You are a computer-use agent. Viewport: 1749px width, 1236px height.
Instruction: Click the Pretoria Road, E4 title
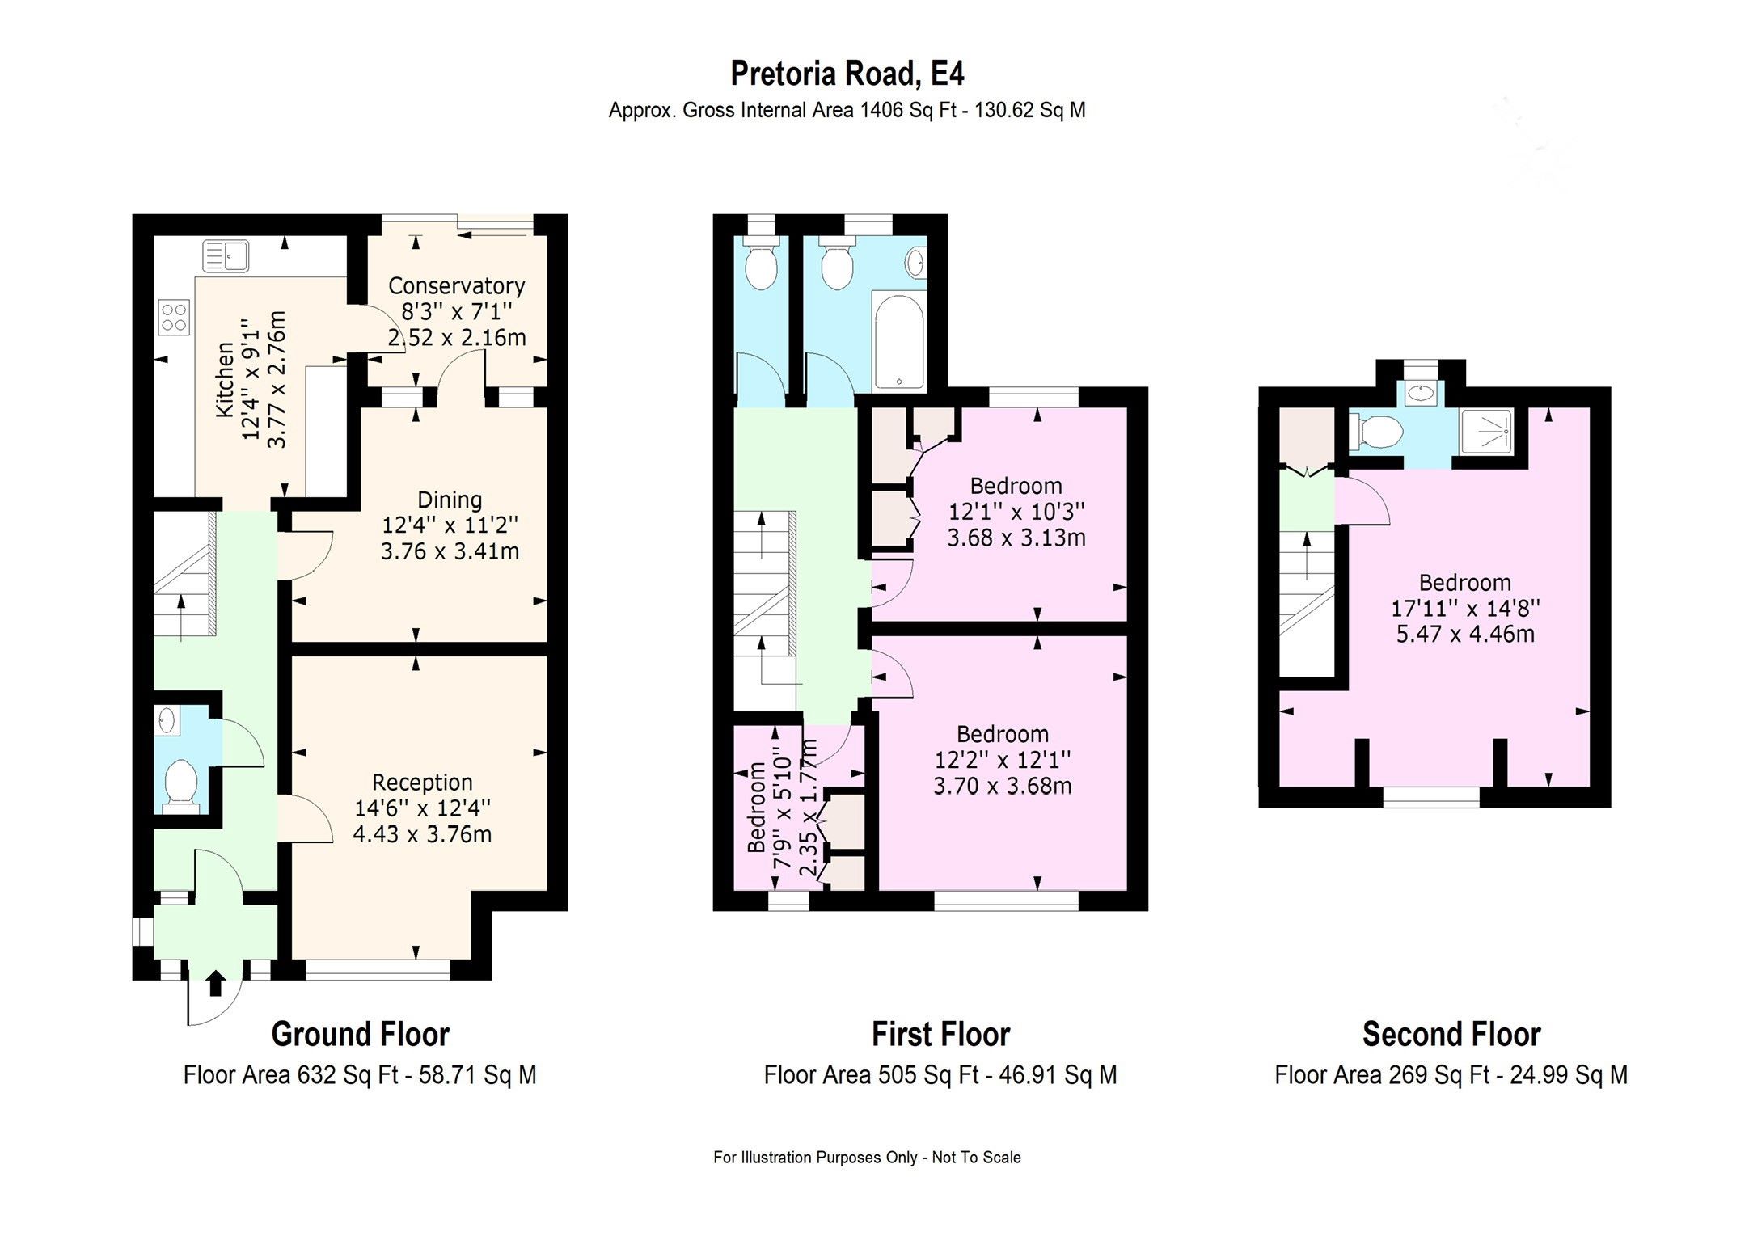(x=847, y=74)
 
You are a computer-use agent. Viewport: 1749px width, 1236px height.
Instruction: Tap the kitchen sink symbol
(x=226, y=257)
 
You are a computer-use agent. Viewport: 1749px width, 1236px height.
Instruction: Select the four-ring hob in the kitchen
(x=175, y=317)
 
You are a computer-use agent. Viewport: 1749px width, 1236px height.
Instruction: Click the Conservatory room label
(x=456, y=285)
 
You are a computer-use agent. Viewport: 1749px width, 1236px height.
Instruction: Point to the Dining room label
(x=450, y=500)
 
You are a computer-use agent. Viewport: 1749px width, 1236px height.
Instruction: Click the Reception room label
(x=422, y=782)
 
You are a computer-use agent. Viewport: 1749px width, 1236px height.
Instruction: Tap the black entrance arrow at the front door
(x=215, y=983)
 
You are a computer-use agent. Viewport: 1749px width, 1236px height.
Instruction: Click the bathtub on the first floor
(x=898, y=341)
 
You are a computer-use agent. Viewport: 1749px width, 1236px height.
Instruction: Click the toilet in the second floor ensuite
(x=1375, y=432)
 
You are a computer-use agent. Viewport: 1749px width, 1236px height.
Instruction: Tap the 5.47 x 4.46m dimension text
(x=1465, y=634)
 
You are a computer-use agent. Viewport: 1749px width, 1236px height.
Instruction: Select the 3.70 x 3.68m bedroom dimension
(x=1003, y=786)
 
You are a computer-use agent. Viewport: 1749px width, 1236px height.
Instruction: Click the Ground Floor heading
(x=360, y=1034)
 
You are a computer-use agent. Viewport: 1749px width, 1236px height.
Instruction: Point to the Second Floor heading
(x=1451, y=1034)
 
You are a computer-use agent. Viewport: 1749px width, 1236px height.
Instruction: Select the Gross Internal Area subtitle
(x=847, y=110)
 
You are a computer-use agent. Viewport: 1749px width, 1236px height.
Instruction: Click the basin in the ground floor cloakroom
(x=167, y=719)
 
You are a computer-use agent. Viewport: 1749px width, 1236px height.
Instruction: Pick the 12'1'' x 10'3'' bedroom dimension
(x=1016, y=512)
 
